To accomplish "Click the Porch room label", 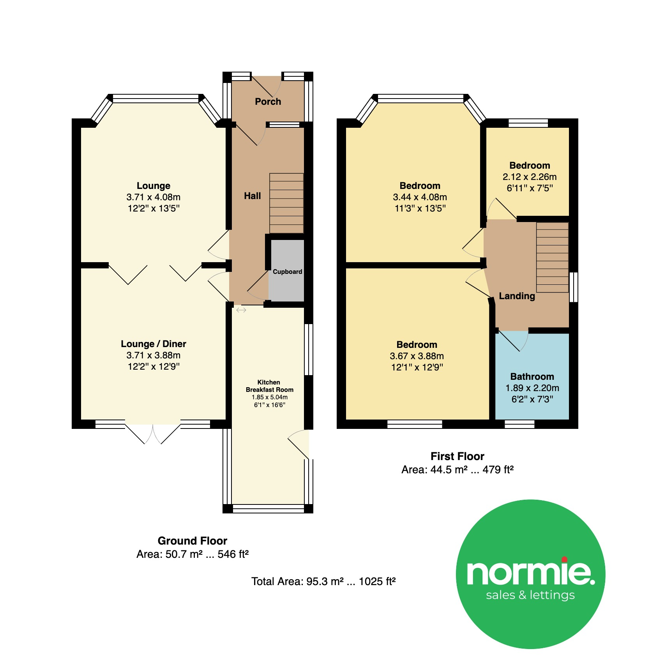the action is [268, 102].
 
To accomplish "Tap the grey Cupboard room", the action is [287, 270].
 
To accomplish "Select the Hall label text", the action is [253, 196].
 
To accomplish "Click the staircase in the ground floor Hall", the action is [286, 203].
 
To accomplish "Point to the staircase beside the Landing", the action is [552, 257].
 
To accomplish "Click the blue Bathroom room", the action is [532, 376].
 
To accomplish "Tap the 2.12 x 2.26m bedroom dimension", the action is [530, 177].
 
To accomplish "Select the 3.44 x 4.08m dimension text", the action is [420, 197].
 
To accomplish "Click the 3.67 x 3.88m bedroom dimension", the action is [417, 356].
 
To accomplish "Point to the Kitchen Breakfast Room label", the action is [269, 386].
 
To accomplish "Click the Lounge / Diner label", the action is [154, 344].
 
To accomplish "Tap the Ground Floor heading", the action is [193, 541].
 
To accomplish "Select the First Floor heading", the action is [457, 456].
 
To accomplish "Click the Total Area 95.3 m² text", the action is [323, 582].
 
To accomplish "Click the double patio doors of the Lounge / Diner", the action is [153, 432].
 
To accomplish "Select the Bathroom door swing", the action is [514, 340].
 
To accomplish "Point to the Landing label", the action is [517, 296].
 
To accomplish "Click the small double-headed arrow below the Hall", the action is [241, 310].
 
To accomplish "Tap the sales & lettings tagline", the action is [530, 595].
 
